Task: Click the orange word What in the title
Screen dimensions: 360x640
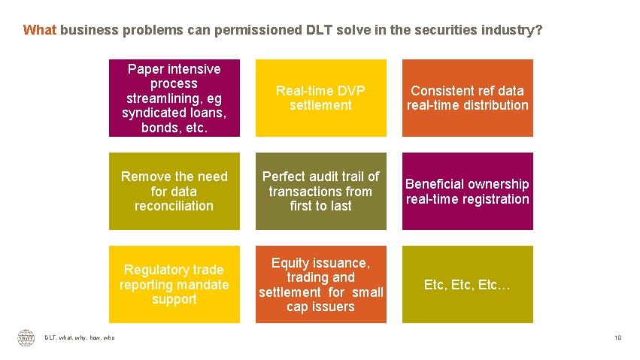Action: [40, 31]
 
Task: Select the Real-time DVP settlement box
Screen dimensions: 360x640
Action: [320, 98]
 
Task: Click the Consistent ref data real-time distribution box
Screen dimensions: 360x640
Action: [467, 98]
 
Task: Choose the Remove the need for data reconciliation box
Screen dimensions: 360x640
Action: [174, 191]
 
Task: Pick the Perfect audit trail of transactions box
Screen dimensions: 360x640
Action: [320, 191]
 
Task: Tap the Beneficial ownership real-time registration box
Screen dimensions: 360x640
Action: [467, 191]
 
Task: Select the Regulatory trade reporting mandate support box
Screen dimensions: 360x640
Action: [174, 284]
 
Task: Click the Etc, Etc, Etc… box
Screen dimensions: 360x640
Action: [467, 284]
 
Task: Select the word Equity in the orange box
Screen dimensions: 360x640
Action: [290, 263]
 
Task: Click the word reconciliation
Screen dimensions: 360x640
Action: [174, 206]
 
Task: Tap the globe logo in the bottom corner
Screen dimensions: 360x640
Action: [26, 338]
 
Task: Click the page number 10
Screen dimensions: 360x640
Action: [617, 338]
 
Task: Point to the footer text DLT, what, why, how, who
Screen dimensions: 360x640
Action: [80, 338]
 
